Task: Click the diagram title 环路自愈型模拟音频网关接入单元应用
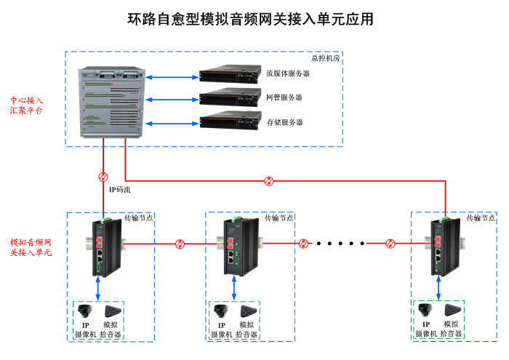(x=251, y=20)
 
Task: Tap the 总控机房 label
(x=325, y=58)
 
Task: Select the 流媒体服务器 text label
(x=288, y=73)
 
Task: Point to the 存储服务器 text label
(x=285, y=122)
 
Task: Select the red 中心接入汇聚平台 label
(x=26, y=105)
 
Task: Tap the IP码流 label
(x=120, y=190)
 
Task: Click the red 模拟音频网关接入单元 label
(x=31, y=247)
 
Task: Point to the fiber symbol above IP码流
(x=103, y=177)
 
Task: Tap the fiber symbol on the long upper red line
(x=269, y=180)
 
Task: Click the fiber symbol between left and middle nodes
(x=180, y=243)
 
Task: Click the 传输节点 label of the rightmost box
(x=481, y=218)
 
